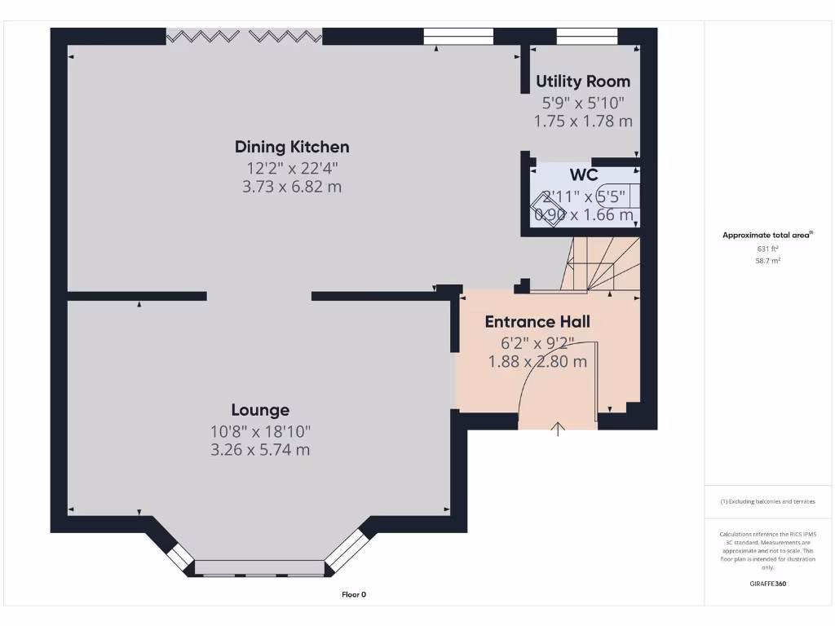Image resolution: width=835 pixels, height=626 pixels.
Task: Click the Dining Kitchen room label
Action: pyautogui.click(x=292, y=147)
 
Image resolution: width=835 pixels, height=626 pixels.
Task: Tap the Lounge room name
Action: pyautogui.click(x=260, y=410)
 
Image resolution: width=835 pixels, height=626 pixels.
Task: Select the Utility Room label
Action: pyautogui.click(x=582, y=82)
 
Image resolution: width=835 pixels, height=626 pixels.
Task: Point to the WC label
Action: pyautogui.click(x=583, y=175)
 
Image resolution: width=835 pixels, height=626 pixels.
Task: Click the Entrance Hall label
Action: pyautogui.click(x=537, y=322)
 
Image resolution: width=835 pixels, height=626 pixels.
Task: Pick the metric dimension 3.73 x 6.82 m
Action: pyautogui.click(x=292, y=187)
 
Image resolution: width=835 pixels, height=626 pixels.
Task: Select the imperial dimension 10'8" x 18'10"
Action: pyautogui.click(x=260, y=430)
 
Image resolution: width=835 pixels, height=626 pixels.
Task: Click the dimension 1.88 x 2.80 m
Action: pyautogui.click(x=537, y=362)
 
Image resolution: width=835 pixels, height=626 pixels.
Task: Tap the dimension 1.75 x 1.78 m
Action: pyautogui.click(x=582, y=121)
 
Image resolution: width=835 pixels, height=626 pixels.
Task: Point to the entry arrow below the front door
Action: pyautogui.click(x=559, y=429)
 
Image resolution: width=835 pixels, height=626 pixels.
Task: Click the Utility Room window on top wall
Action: pyautogui.click(x=586, y=36)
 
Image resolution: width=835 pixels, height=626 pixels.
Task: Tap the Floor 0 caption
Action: pyautogui.click(x=354, y=594)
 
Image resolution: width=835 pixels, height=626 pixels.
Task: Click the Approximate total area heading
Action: pyautogui.click(x=767, y=235)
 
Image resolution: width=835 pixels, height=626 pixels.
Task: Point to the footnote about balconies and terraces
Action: pyautogui.click(x=767, y=501)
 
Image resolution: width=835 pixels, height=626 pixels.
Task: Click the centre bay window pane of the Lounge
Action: pyautogui.click(x=260, y=567)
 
